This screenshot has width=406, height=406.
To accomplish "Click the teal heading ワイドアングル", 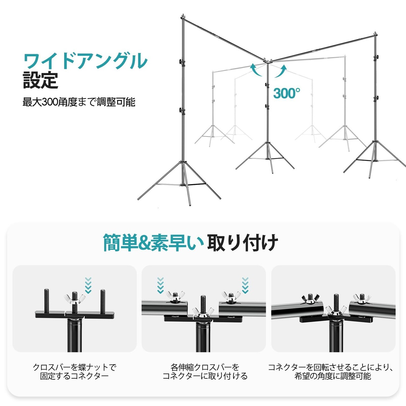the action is pos(86,61).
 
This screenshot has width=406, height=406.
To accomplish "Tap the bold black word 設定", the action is pos(40,80).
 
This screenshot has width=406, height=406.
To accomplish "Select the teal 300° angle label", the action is pos(286,93).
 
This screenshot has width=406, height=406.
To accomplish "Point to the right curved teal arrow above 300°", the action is pos(281,71).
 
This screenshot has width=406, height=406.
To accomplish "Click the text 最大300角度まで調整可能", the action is pos(79,102).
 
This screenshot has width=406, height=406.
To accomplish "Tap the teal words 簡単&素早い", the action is pos(154,243).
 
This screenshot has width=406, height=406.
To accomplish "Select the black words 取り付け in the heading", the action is pos(243,243).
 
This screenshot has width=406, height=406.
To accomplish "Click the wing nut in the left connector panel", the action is pos(75,299).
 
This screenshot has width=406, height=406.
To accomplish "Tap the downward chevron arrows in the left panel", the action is pos(88,285).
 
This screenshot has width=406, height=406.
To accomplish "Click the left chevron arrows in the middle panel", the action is pos(160,286).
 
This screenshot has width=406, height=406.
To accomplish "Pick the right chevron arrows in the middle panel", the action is pos(245,285).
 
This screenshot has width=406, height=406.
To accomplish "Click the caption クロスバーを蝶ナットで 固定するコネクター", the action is pos(74,372).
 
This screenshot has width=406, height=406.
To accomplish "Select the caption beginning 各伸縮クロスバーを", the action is pos(205,372).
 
